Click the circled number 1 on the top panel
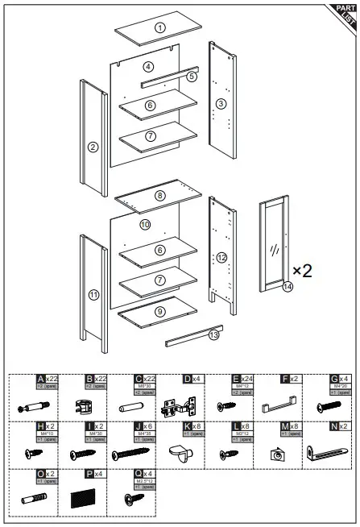point(160,28)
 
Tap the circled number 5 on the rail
point(192,77)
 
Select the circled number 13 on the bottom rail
point(213,334)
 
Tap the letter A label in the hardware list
point(41,378)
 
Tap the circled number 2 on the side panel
point(93,147)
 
